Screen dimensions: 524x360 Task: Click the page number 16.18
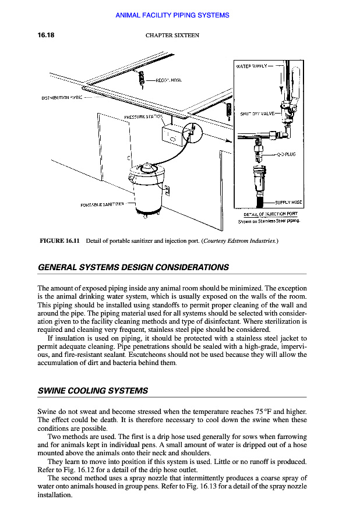pyautogui.click(x=46, y=36)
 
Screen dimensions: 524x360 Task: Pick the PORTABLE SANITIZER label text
pyautogui.click(x=103, y=204)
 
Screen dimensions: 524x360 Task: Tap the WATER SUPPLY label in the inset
pyautogui.click(x=252, y=66)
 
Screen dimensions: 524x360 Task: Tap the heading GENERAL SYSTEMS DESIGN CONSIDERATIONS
pyautogui.click(x=133, y=268)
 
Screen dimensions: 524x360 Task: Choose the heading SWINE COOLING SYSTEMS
pyautogui.click(x=93, y=391)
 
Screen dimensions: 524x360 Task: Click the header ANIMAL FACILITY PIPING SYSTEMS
pyautogui.click(x=172, y=15)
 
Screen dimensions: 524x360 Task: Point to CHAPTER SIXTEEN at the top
pyautogui.click(x=172, y=36)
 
